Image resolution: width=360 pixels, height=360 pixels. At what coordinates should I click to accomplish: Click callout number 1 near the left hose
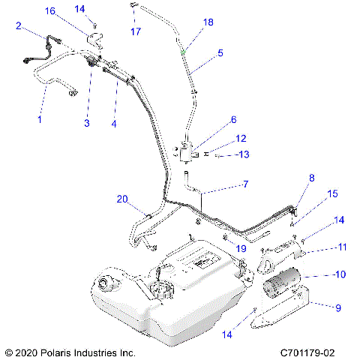pyautogui.click(x=40, y=119)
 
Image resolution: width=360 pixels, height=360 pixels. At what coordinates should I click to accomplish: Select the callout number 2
pyautogui.click(x=18, y=25)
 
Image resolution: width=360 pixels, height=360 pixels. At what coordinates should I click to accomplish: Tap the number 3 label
pyautogui.click(x=86, y=123)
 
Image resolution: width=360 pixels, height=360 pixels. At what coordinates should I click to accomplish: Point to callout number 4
pyautogui.click(x=114, y=123)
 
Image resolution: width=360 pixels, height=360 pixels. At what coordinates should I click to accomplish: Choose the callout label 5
pyautogui.click(x=220, y=53)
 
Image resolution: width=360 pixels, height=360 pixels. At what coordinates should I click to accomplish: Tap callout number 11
pyautogui.click(x=341, y=246)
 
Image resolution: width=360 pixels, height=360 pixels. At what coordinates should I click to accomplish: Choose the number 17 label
pyautogui.click(x=136, y=31)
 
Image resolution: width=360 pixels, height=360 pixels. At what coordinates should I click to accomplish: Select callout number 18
pyautogui.click(x=208, y=22)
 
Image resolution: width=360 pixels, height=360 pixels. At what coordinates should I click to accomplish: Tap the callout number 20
pyautogui.click(x=122, y=199)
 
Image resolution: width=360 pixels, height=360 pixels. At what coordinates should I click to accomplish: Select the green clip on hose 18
pyautogui.click(x=184, y=52)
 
